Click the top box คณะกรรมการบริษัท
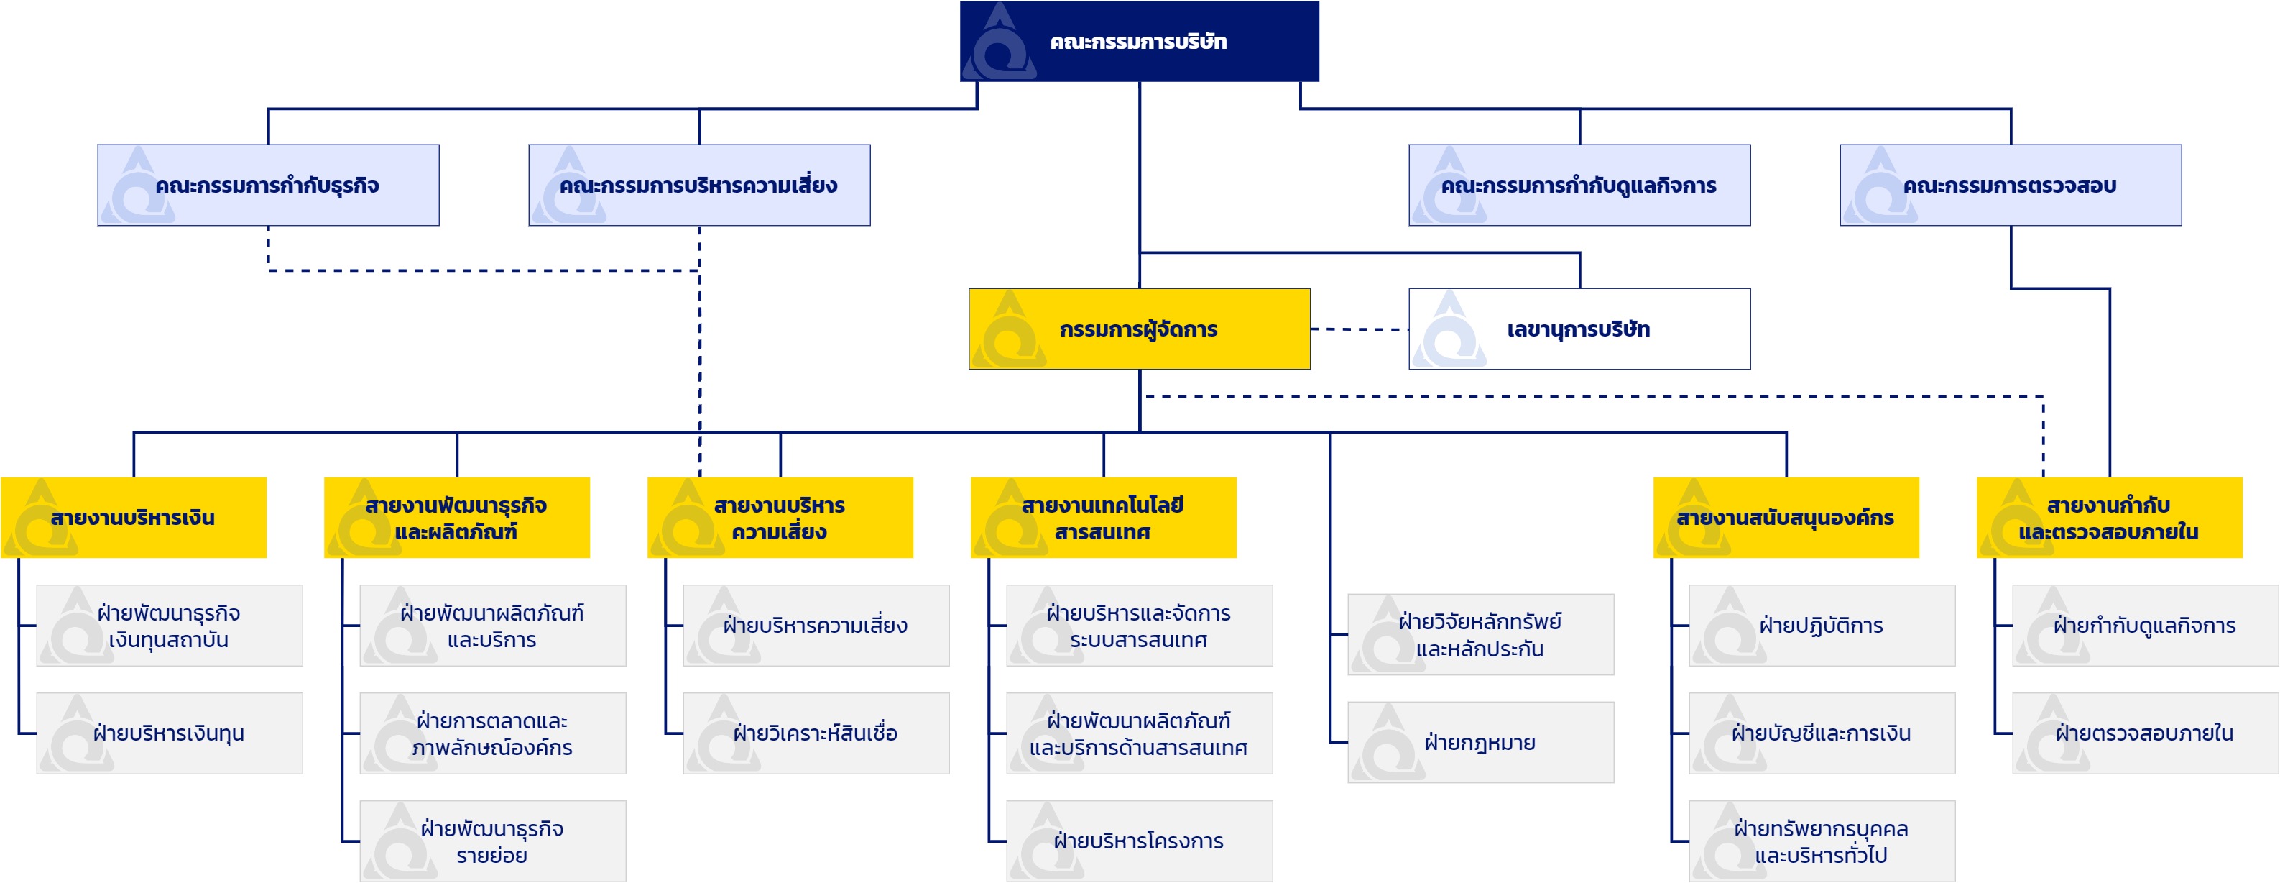[1139, 42]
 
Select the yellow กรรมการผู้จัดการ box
[1139, 329]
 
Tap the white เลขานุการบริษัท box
[1579, 329]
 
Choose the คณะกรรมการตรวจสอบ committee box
[2010, 185]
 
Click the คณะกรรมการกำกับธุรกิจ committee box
[268, 185]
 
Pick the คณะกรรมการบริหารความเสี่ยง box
[699, 185]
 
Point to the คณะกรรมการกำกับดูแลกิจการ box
[1579, 185]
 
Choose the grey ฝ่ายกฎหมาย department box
[1481, 742]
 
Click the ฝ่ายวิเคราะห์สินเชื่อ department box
[816, 733]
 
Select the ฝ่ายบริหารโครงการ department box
[1139, 841]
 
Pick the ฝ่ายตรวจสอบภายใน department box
[2145, 733]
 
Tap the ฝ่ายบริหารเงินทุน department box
[169, 733]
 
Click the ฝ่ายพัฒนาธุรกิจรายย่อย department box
[492, 841]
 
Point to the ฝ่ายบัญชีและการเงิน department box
[1822, 733]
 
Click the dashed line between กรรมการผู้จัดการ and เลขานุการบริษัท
[1360, 329]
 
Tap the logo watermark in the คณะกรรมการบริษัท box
[1000, 42]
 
